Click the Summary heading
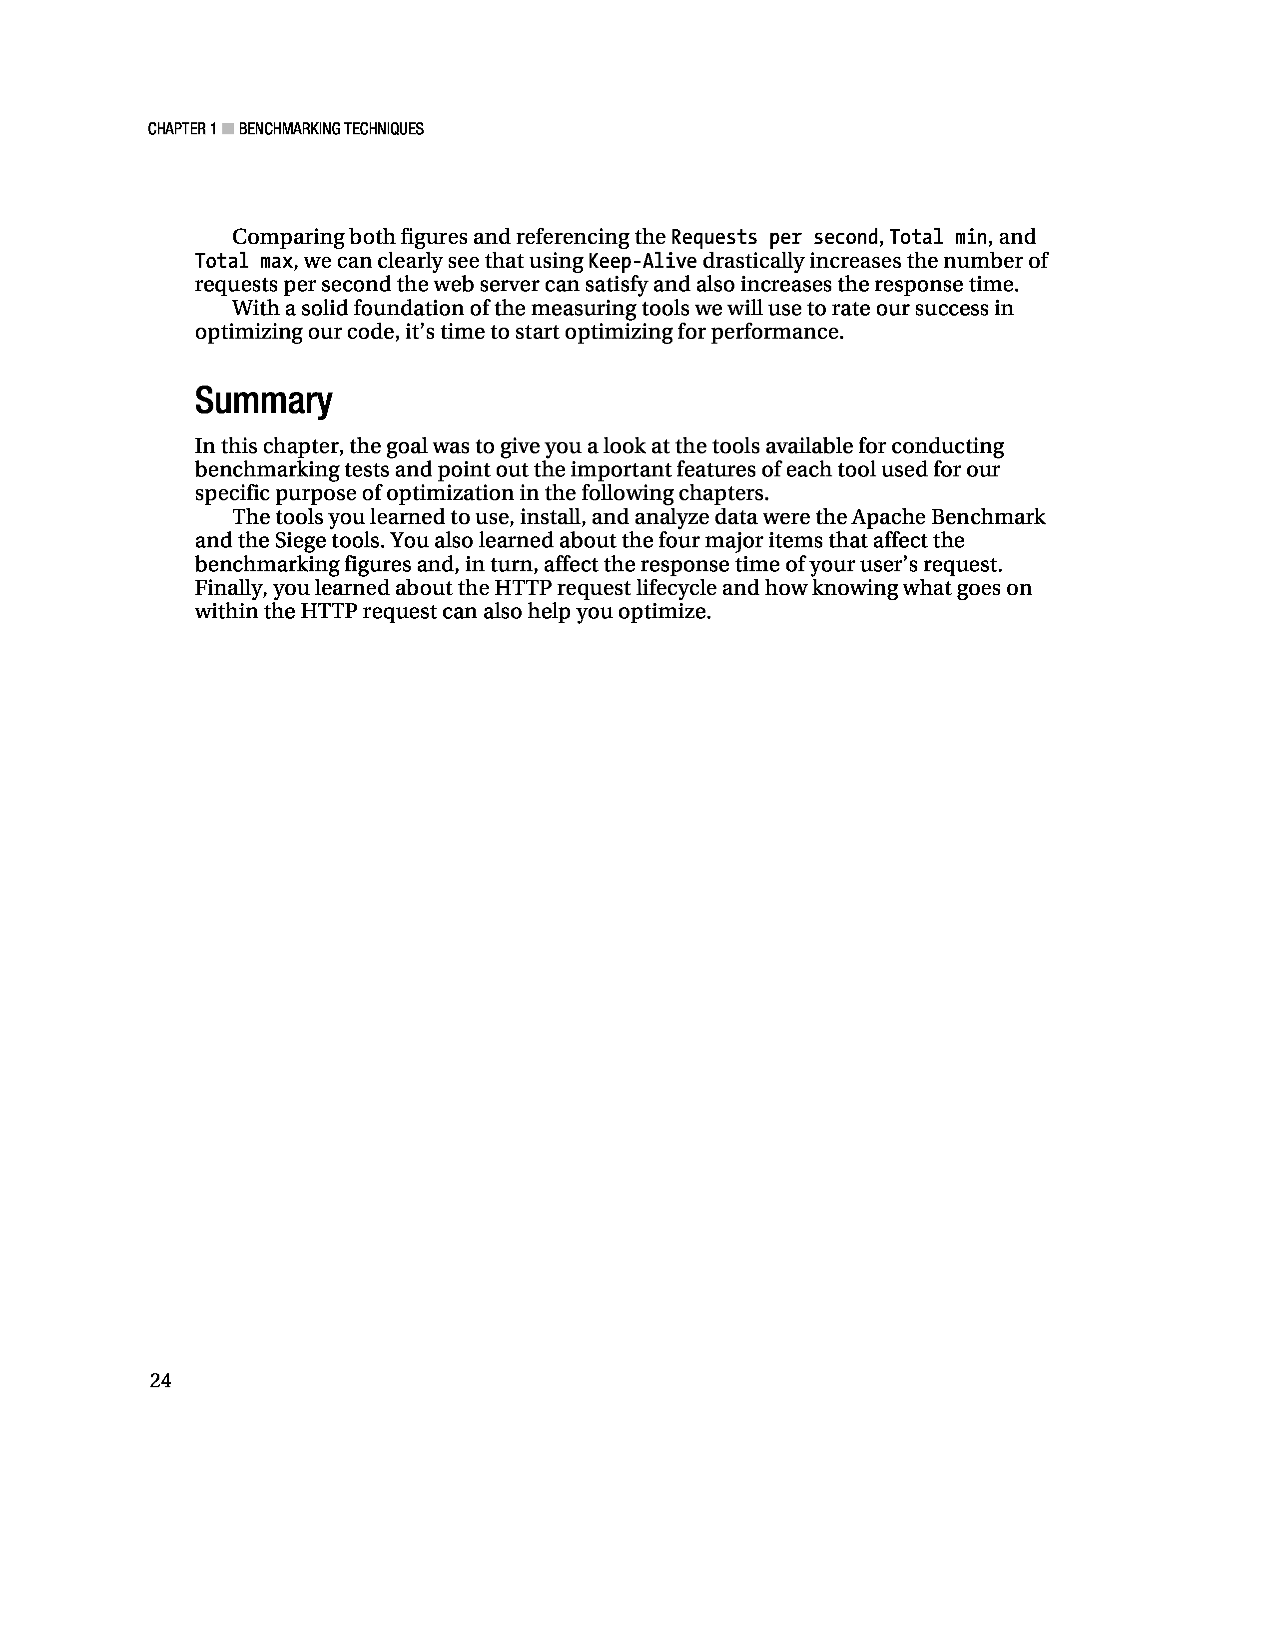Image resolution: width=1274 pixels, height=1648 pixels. coord(263,401)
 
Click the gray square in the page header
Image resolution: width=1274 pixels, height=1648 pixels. coord(227,129)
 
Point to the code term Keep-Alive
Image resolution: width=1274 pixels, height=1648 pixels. coord(642,261)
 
